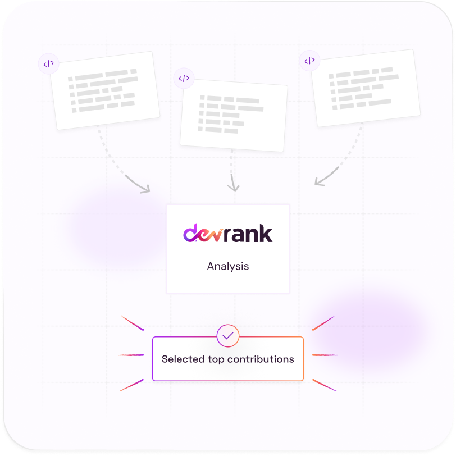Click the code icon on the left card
[x=48, y=64]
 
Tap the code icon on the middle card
[x=184, y=79]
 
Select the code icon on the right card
[x=309, y=61]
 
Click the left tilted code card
[x=105, y=90]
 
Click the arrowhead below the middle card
[x=234, y=186]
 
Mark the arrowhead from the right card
[x=318, y=181]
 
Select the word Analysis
[x=228, y=266]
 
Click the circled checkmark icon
[x=228, y=336]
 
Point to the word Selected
[x=182, y=359]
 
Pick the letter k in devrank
[x=266, y=233]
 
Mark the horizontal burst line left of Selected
[x=131, y=355]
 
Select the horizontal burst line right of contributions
[x=325, y=355]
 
